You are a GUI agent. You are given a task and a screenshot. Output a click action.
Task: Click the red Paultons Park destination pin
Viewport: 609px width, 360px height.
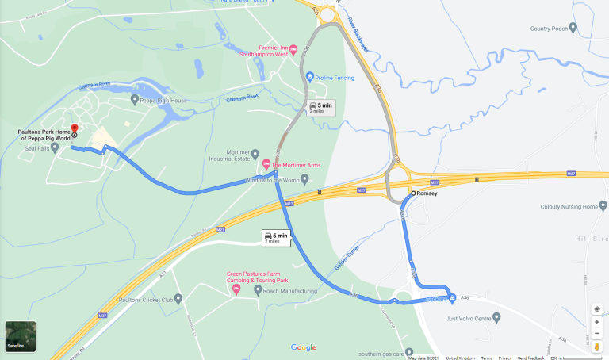tap(74, 128)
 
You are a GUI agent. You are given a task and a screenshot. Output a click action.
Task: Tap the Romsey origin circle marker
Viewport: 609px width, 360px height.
tap(413, 193)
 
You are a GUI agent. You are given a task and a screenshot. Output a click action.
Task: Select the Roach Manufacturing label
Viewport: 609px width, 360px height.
tap(291, 292)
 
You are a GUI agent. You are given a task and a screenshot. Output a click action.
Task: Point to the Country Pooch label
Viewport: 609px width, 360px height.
tap(549, 29)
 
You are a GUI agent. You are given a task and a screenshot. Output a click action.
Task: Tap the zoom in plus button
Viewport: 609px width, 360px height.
tap(597, 323)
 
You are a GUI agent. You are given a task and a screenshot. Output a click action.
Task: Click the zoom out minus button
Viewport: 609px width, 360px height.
tap(597, 335)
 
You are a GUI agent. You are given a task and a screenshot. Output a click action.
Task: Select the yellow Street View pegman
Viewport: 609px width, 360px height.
tap(597, 347)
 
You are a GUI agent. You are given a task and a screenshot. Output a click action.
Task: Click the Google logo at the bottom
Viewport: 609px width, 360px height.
tap(303, 347)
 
